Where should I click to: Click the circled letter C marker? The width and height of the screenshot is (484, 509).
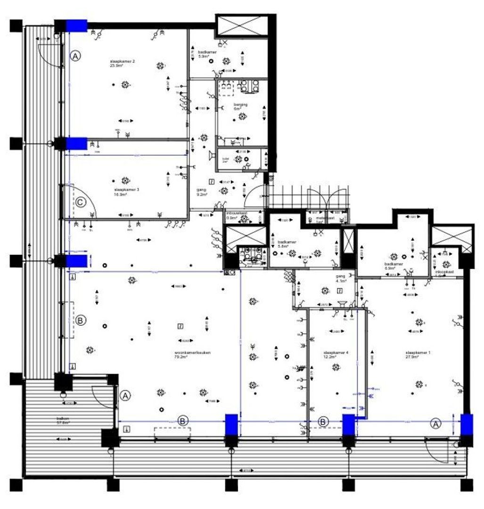[x=81, y=203]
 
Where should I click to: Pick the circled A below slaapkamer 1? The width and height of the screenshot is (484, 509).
[x=436, y=424]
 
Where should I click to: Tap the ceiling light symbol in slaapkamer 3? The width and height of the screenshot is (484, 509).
[x=125, y=181]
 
